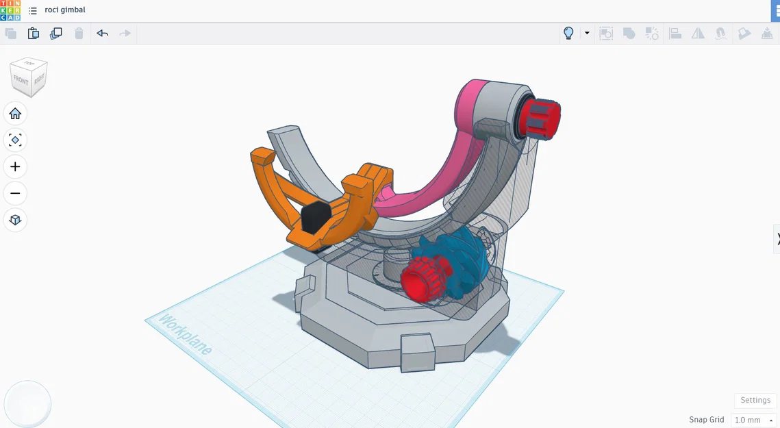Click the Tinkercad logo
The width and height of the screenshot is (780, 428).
tap(10, 10)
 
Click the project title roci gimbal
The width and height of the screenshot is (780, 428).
tap(65, 10)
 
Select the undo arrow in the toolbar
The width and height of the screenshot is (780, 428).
tap(102, 33)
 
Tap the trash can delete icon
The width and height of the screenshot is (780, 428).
tap(79, 33)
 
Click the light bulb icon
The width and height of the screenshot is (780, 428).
tap(568, 33)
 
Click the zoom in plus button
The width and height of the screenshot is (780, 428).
tap(15, 166)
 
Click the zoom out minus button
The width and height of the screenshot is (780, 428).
tap(15, 193)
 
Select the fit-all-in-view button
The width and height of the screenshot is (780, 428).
tap(15, 140)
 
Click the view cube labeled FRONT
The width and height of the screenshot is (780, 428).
tap(22, 81)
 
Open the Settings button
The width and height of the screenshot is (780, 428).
tap(755, 400)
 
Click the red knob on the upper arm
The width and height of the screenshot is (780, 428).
tap(542, 118)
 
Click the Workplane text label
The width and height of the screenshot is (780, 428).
tap(185, 335)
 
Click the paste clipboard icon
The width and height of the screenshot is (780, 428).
tap(33, 33)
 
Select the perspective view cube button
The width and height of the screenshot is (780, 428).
tap(15, 220)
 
